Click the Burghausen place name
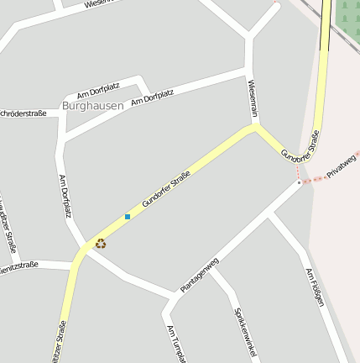pos(92,106)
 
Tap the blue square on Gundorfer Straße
pos(128,217)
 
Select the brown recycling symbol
pos(101,244)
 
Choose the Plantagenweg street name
pos(199,275)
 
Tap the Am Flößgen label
pos(315,287)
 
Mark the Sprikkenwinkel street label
pos(243,334)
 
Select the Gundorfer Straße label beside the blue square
pos(166,189)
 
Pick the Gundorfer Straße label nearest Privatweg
pos(300,146)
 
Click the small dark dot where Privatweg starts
pos(299,181)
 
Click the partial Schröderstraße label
pos(23,112)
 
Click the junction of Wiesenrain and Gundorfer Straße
pos(254,128)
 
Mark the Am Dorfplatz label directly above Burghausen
pos(98,90)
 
